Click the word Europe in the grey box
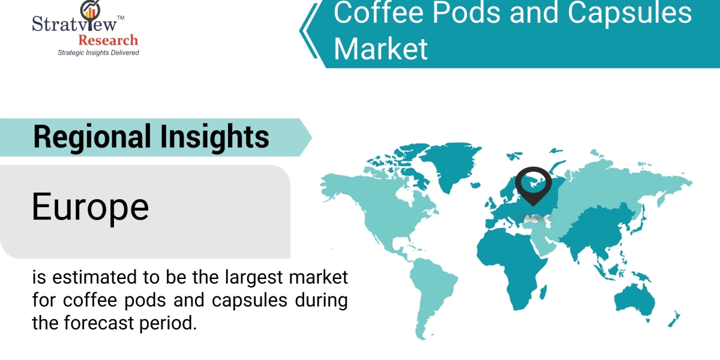[x=91, y=207]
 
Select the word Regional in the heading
[x=92, y=137]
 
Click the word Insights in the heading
[x=215, y=137]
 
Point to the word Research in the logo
[x=109, y=41]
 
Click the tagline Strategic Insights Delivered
[x=98, y=52]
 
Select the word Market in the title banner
[x=381, y=49]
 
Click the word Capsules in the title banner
[x=629, y=13]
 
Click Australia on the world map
[x=635, y=300]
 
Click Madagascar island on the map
[x=543, y=292]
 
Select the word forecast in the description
[x=98, y=323]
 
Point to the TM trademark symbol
[x=121, y=17]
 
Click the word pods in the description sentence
[x=145, y=300]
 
